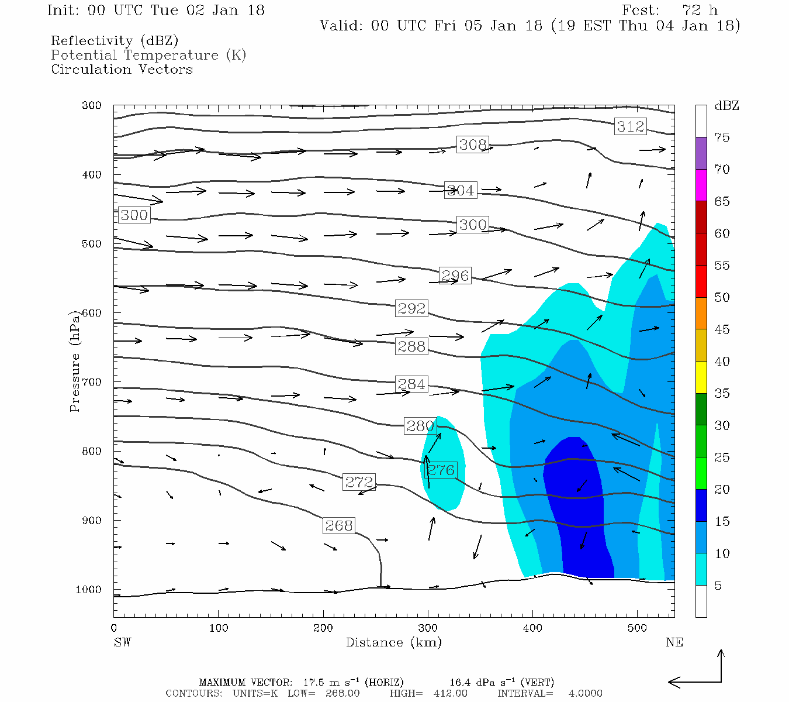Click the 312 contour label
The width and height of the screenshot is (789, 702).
[630, 126]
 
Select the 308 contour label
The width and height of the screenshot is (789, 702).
[472, 144]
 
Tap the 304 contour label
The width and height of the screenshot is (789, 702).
[461, 190]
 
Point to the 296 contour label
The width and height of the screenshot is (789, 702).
[455, 276]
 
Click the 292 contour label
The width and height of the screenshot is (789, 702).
[411, 308]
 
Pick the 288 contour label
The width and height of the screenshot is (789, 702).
[411, 346]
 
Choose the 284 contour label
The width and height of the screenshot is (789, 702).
[411, 384]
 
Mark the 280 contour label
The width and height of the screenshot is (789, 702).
[420, 426]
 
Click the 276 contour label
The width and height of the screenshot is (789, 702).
[441, 470]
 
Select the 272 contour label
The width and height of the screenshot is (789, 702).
[358, 482]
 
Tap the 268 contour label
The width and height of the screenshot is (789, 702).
[339, 526]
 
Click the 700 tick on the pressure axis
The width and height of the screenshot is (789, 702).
[91, 382]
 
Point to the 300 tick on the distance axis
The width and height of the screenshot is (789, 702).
[428, 628]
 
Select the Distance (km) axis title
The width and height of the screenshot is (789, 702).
[393, 642]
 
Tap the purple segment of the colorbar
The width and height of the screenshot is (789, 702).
[701, 153]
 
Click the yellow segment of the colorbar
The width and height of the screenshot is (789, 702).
[701, 377]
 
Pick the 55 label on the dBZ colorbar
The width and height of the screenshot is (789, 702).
[722, 266]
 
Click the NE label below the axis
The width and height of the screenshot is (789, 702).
[674, 642]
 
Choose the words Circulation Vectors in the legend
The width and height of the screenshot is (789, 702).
[122, 70]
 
